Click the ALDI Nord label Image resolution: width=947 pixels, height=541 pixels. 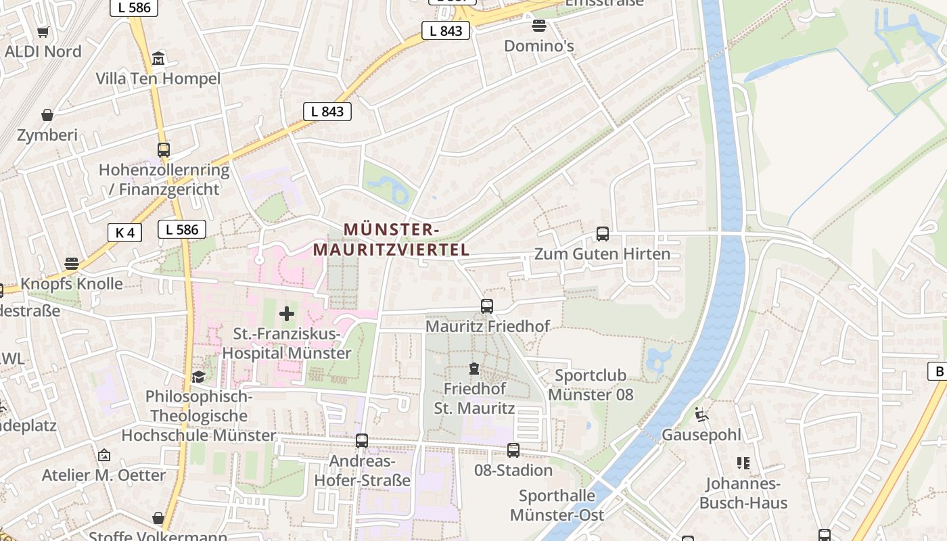pos(43,51)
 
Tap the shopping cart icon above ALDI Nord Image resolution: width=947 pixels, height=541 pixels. pos(43,32)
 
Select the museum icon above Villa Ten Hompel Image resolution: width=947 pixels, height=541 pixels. pos(158,59)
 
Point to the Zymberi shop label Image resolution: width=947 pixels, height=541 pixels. pos(47,135)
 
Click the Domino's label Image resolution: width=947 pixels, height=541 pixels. pos(539,46)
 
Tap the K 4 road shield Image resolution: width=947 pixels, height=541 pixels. pos(124,233)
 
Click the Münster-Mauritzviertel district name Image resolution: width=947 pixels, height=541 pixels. pos(391,239)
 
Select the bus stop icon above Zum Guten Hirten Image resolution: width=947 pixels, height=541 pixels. pos(602,234)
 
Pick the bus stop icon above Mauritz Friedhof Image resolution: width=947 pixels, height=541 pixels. pos(487,306)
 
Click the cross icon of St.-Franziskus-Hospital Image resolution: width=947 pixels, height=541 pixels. pos(287,314)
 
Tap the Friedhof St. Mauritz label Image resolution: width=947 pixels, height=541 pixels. pos(474,398)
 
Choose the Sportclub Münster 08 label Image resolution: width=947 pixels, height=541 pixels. pos(591,385)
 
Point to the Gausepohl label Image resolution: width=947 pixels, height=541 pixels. pos(701,435)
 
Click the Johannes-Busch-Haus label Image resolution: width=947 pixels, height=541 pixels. pos(743,493)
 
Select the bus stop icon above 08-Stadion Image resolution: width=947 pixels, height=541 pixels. pos(513,450)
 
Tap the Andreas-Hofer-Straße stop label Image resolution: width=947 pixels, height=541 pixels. pos(362,471)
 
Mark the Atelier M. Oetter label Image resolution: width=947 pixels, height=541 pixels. pos(103,475)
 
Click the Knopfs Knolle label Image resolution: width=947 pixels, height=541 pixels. pos(72,283)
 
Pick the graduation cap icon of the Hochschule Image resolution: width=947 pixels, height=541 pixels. pos(198,376)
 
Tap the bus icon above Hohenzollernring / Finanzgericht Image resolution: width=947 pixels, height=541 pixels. pos(164,150)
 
